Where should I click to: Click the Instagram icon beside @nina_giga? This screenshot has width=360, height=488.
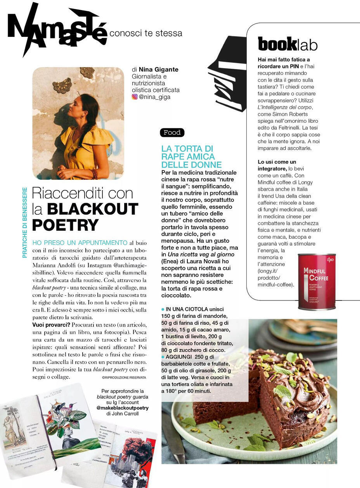[135, 97]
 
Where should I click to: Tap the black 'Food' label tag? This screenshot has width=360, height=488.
[172, 133]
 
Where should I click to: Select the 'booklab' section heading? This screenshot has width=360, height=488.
[287, 45]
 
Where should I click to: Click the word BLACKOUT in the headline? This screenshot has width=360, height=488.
[92, 209]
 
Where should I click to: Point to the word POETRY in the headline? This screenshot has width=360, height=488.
[65, 225]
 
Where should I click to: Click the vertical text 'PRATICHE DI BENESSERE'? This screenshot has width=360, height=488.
[25, 222]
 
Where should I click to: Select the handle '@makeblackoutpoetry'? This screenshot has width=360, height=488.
[123, 408]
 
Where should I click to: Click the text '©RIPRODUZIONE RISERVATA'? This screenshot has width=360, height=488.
[124, 377]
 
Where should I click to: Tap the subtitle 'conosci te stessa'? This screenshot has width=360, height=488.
[146, 33]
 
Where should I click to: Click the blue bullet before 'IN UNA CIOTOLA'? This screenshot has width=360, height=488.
[163, 309]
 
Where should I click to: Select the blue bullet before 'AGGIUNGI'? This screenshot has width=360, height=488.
[163, 357]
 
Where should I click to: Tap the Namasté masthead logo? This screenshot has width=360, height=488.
[57, 29]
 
